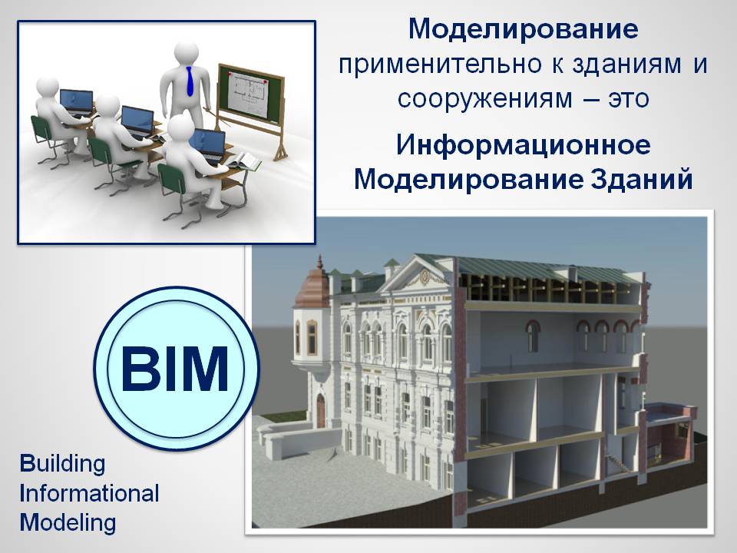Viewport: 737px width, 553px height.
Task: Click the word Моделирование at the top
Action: click(x=523, y=28)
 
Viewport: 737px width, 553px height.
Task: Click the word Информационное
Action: click(x=523, y=145)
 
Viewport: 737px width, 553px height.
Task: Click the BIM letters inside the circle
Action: click(x=175, y=369)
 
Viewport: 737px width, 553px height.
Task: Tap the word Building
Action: click(x=62, y=464)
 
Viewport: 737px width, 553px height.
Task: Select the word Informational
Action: click(x=89, y=493)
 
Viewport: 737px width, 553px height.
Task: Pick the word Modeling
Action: click(x=68, y=523)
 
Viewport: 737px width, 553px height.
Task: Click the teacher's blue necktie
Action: click(x=190, y=81)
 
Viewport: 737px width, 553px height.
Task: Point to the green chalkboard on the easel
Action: click(x=252, y=93)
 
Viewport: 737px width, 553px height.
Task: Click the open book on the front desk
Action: click(x=243, y=161)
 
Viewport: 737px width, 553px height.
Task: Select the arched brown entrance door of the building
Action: click(x=321, y=410)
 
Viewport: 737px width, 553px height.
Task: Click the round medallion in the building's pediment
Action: click(x=425, y=277)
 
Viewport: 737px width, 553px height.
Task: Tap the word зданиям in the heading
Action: click(x=627, y=65)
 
